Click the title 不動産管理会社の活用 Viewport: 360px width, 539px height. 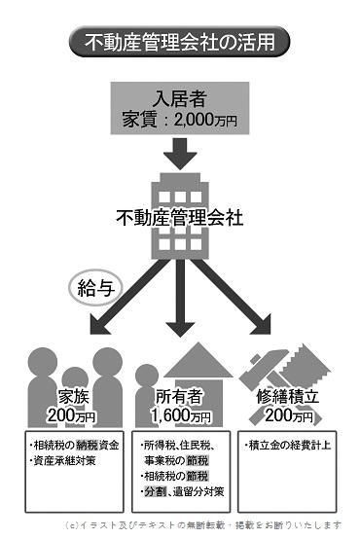click(x=179, y=42)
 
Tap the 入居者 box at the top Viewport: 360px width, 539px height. click(x=180, y=106)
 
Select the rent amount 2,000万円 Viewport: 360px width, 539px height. click(x=206, y=121)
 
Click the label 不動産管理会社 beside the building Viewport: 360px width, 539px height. click(x=179, y=215)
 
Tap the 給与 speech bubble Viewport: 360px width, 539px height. click(x=95, y=286)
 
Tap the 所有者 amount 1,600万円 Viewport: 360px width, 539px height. click(x=181, y=416)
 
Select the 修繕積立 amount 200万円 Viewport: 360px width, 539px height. click(x=289, y=416)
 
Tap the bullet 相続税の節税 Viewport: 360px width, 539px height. click(x=182, y=476)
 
